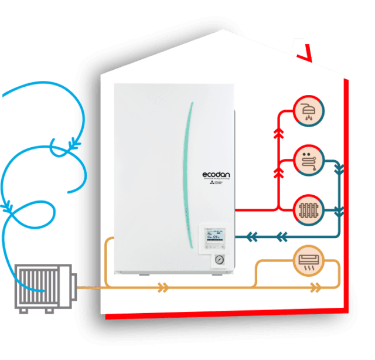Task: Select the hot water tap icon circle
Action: pyautogui.click(x=308, y=159)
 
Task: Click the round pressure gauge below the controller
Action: pyautogui.click(x=219, y=259)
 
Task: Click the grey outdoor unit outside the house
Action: pyautogui.click(x=45, y=288)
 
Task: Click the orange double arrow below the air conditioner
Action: pyautogui.click(x=315, y=288)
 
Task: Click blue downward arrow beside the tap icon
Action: pyautogui.click(x=338, y=171)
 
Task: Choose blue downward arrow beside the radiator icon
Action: pyautogui.click(x=338, y=209)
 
